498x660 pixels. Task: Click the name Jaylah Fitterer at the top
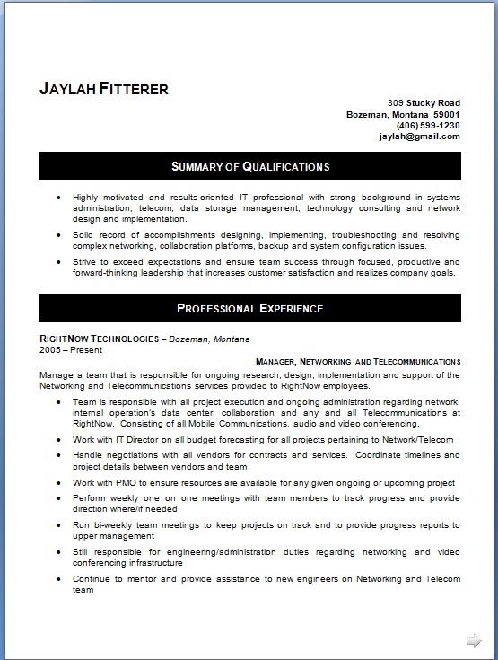click(104, 89)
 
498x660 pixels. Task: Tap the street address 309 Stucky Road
click(424, 103)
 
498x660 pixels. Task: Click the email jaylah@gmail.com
click(419, 136)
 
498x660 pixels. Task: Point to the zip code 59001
click(446, 115)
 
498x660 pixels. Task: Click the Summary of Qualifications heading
click(249, 167)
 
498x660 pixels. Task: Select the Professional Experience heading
click(249, 309)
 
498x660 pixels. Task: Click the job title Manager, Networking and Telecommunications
click(358, 361)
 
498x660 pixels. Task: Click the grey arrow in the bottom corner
click(474, 640)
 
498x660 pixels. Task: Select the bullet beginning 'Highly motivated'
click(58, 197)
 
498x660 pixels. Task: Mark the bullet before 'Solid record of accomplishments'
click(58, 234)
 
